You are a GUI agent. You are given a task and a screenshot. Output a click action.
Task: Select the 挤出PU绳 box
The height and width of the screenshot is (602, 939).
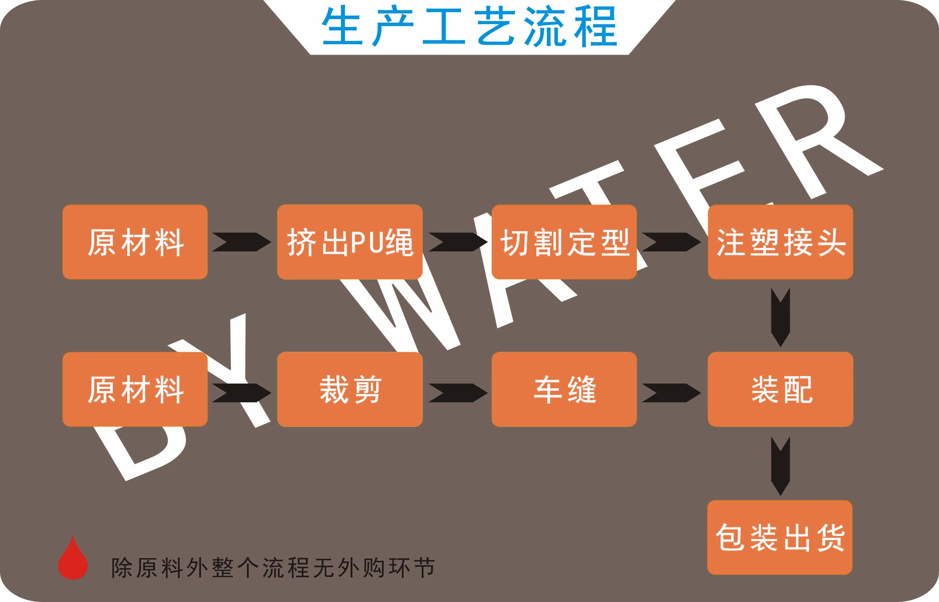[x=350, y=242]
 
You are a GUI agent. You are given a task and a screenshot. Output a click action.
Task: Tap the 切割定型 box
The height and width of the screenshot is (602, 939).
[x=564, y=242]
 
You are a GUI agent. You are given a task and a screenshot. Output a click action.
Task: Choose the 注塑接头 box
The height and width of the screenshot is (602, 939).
[x=780, y=242]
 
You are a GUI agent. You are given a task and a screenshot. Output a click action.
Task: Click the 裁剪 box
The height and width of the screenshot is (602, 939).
[x=350, y=389]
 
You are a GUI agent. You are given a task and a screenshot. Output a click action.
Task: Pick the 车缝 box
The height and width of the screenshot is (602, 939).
[x=564, y=389]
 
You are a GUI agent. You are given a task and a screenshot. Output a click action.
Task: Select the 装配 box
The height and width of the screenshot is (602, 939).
[x=780, y=389]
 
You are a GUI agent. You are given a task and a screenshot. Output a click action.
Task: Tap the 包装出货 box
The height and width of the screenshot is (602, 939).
[x=780, y=537]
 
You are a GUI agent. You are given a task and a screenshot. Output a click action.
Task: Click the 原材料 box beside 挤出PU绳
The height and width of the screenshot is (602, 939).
[x=135, y=242]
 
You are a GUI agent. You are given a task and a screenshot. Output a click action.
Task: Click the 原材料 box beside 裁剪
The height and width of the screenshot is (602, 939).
[x=135, y=389]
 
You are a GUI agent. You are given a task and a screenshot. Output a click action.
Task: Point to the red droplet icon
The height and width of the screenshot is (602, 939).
[x=73, y=558]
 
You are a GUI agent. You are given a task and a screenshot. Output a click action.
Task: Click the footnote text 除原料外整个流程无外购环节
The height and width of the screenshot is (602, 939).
[x=273, y=567]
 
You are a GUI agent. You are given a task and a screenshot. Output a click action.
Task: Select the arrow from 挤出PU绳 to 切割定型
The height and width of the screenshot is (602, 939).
[x=458, y=242]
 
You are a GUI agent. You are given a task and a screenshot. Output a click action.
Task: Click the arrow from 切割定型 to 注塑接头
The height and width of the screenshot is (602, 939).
[x=671, y=242]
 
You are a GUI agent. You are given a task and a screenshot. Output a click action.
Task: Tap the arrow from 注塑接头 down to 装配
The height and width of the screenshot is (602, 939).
[x=781, y=317]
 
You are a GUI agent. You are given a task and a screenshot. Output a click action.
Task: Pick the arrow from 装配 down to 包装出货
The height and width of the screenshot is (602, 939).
[x=781, y=466]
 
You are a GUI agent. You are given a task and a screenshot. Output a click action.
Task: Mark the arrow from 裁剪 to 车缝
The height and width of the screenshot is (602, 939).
[x=458, y=393]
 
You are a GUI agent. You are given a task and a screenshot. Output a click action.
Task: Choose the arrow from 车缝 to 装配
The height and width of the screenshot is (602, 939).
[x=671, y=393]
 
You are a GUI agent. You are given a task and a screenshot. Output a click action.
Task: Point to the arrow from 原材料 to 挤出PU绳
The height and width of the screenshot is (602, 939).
[x=242, y=242]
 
